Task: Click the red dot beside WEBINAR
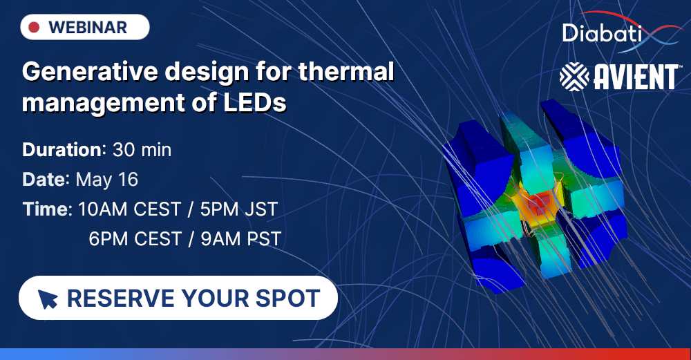pyautogui.click(x=33, y=28)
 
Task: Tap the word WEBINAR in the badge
pyautogui.click(x=88, y=28)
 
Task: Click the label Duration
pyautogui.click(x=62, y=149)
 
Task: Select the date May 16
pyautogui.click(x=107, y=180)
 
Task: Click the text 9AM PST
pyautogui.click(x=241, y=239)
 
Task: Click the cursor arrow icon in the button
pyautogui.click(x=48, y=299)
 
